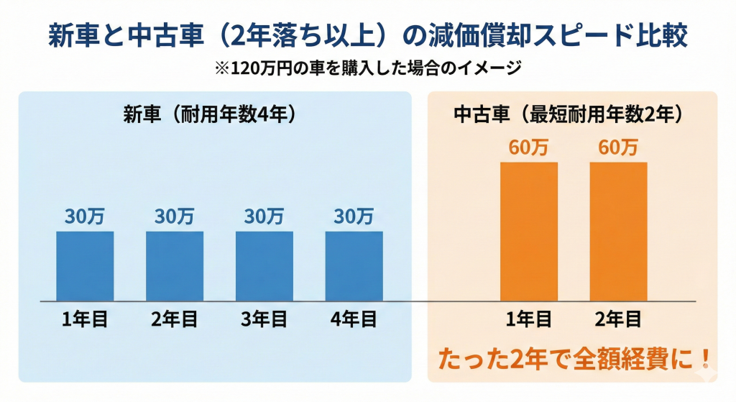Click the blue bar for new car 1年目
click(86, 265)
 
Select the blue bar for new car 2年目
click(175, 265)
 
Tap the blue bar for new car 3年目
click(264, 265)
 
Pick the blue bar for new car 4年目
click(354, 265)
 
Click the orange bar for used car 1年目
click(528, 231)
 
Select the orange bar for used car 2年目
click(618, 231)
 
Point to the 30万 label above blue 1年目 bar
click(86, 216)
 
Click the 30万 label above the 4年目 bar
click(354, 216)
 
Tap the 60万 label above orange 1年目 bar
click(528, 147)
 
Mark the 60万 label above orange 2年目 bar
click(618, 147)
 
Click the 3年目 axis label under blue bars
click(264, 319)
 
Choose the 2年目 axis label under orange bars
click(618, 319)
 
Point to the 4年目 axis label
click(354, 319)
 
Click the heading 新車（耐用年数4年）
click(210, 114)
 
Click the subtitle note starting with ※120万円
click(367, 68)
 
